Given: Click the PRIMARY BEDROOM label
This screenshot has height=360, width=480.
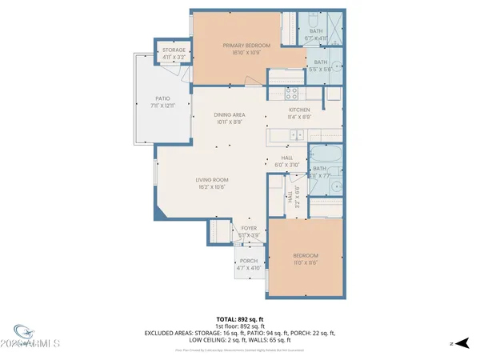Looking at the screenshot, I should [246, 45].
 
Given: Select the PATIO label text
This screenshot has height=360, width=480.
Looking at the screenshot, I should [162, 98].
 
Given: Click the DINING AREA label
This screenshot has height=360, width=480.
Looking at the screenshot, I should [230, 115].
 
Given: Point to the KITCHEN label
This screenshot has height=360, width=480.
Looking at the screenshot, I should [299, 110].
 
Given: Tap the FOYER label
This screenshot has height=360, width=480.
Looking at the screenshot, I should [249, 228].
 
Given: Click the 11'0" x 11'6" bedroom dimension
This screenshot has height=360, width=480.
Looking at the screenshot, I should [306, 262].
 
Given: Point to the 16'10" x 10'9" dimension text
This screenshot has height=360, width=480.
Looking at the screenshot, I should [246, 52].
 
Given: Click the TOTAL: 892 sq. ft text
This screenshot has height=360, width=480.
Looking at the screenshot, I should [240, 319].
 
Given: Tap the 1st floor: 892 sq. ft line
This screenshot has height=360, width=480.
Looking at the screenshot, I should [240, 326].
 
